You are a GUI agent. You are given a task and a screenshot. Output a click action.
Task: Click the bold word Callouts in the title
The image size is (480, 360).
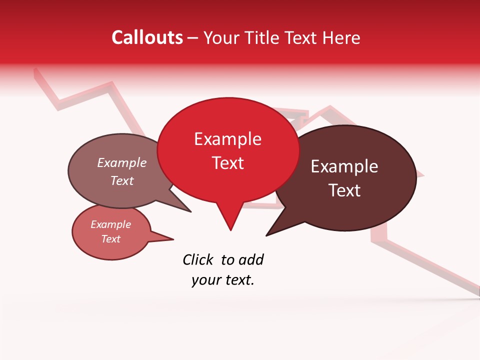point(147,38)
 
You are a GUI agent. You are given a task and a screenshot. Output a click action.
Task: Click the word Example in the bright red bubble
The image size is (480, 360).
point(227,139)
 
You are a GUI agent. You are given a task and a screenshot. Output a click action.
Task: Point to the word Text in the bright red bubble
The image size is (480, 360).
point(227,163)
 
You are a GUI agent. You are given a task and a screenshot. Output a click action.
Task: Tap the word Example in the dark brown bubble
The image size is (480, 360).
point(344,166)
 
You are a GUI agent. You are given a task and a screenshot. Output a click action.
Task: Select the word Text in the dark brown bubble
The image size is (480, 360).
point(344,190)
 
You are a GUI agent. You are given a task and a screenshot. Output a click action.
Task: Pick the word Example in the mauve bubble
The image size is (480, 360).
point(122,163)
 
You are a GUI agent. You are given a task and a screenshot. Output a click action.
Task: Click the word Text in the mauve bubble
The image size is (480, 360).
point(122,181)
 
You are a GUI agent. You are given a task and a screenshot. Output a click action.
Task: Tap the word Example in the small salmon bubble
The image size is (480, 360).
point(110,224)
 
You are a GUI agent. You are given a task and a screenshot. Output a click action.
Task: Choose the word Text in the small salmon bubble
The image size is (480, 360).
point(110,239)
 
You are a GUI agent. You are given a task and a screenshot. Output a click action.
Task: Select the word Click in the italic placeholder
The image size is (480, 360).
point(198,260)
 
